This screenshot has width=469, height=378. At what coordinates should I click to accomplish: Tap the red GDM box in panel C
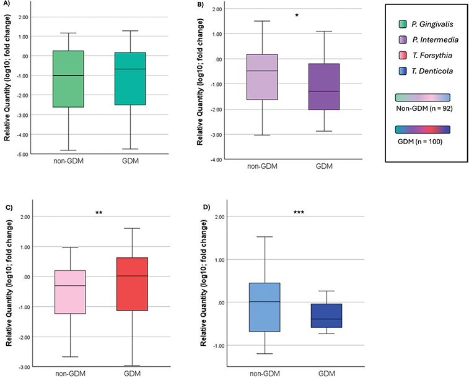131,284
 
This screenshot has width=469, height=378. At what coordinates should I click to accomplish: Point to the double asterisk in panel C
99,213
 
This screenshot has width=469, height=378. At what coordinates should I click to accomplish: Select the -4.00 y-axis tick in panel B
214,160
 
